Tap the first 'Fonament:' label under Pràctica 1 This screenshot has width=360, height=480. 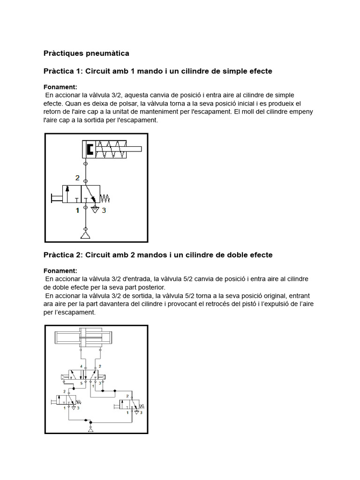coord(60,87)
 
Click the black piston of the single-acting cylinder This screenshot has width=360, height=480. coord(90,150)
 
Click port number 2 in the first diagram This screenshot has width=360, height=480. coord(78,178)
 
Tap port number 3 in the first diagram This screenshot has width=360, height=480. coord(104,210)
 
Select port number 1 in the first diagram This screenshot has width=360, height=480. coord(78,210)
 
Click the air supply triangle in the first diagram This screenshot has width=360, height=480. coord(85,234)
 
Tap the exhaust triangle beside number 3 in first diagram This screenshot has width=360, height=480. coord(94,209)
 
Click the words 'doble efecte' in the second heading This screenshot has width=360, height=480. coord(250,255)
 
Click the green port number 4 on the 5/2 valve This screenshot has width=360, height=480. coord(81,366)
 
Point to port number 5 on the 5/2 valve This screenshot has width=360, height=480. coord(81,383)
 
